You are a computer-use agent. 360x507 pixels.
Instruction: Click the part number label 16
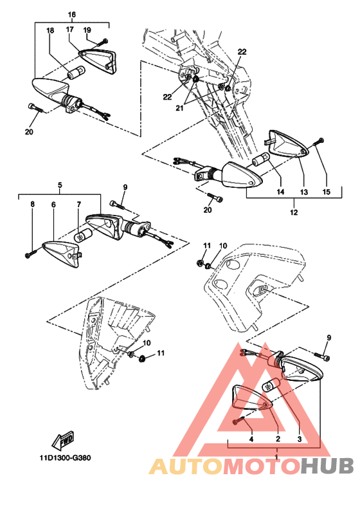(72, 15)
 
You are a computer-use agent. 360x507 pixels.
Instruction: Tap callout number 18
(50, 31)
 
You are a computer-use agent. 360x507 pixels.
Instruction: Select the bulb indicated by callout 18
(76, 73)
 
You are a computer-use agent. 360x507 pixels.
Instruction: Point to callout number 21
(179, 108)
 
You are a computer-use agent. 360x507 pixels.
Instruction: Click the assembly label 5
(60, 185)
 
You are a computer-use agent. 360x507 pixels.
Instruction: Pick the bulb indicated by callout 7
(83, 235)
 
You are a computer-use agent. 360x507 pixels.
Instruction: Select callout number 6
(53, 205)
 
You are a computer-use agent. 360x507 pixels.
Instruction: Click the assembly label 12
(294, 212)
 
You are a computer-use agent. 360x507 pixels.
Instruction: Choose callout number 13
(304, 192)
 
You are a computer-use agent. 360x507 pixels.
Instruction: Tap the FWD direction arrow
(64, 440)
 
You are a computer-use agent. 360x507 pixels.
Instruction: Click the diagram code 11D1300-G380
(66, 457)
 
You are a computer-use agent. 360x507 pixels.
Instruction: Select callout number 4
(251, 439)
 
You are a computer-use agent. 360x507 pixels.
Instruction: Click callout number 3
(299, 439)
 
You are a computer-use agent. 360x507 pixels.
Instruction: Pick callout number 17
(70, 30)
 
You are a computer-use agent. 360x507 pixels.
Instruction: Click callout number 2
(278, 439)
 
